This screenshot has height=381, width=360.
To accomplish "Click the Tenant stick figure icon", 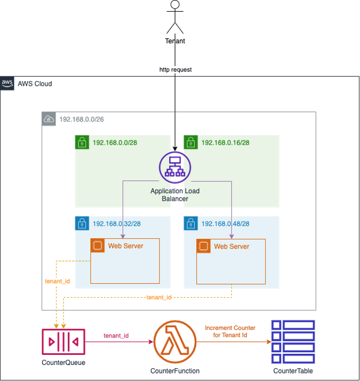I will tap(175, 18).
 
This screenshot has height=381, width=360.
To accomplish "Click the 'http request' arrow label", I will tap(175, 70).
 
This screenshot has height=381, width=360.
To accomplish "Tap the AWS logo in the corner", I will tap(7, 83).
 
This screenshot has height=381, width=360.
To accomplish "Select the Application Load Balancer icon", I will tap(175, 168).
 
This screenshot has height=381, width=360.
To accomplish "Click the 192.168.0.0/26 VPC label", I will tap(81, 119).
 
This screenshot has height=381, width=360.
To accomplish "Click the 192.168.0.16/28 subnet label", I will tap(225, 142).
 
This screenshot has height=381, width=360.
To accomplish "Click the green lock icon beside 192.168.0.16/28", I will tap(190, 142).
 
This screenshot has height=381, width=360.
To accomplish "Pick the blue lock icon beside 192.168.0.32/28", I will tap(82, 224).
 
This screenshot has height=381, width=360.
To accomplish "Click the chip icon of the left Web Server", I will tap(97, 245).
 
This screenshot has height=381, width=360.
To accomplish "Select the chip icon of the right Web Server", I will tap(203, 246).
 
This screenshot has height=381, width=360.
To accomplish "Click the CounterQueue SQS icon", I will tap(63, 342).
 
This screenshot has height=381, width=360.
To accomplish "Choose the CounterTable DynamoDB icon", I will tap(293, 342).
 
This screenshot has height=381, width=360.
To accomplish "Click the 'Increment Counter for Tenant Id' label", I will tap(230, 331).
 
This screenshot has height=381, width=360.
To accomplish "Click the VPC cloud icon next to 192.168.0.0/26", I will tap(49, 119).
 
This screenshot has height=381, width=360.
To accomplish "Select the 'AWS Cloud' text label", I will tap(35, 84).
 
